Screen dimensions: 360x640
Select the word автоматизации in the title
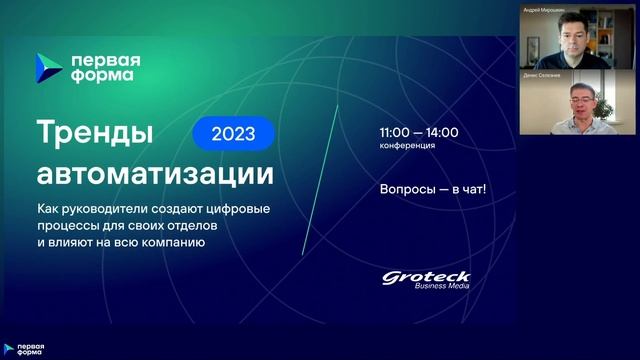tap(154, 173)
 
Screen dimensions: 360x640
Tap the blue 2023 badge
tap(233, 132)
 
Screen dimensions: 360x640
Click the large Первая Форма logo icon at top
tap(49, 67)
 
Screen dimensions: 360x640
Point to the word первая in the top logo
tap(105, 58)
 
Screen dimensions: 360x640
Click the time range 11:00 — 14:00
tap(418, 132)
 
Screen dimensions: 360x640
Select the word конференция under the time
tap(407, 146)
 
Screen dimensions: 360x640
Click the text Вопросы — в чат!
tap(432, 187)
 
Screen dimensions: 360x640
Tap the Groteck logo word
tap(426, 276)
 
